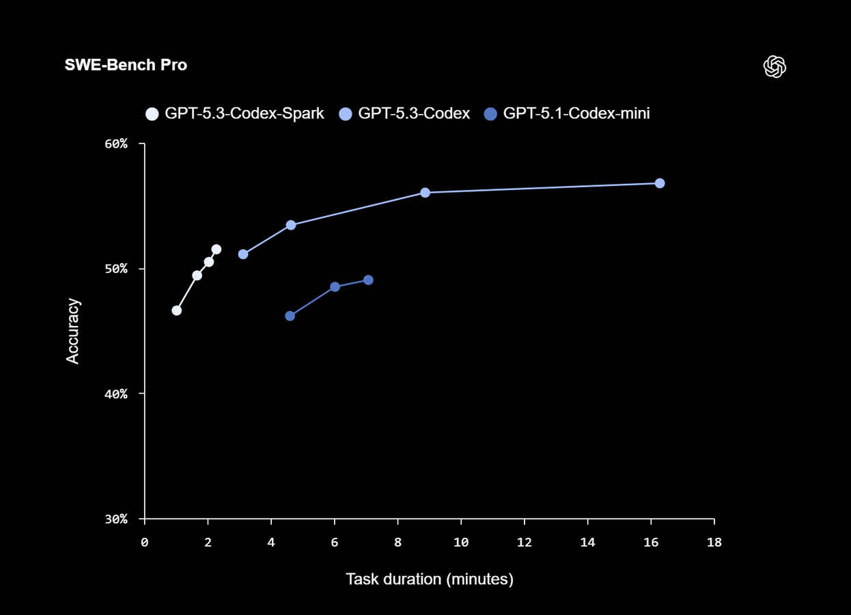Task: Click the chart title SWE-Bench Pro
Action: point(126,65)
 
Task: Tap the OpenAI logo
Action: point(775,66)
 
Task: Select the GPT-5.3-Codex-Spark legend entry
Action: point(236,113)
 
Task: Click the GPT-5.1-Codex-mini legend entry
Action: point(567,113)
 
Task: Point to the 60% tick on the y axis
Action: point(116,143)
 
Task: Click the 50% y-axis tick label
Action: point(116,269)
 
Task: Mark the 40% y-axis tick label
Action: point(116,394)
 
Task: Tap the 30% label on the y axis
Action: point(116,519)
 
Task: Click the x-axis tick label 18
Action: point(714,543)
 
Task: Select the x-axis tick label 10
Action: point(461,543)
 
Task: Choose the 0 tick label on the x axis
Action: point(145,543)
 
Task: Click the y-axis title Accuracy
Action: point(72,331)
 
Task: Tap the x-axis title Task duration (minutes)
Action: point(430,579)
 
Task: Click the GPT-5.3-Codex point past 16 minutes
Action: point(660,183)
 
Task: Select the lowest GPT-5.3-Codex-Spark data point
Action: point(176,310)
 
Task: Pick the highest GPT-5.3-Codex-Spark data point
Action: point(216,249)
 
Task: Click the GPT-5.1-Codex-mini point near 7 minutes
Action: point(368,280)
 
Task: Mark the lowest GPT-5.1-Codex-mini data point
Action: point(290,316)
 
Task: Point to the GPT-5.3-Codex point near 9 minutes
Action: point(425,193)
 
